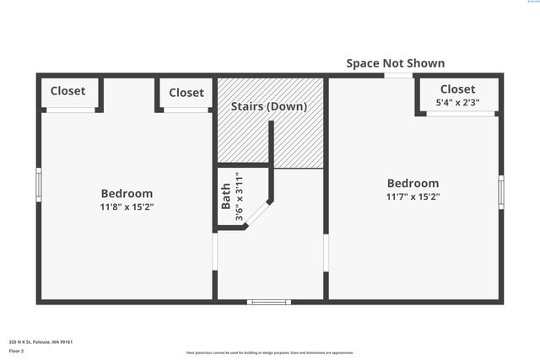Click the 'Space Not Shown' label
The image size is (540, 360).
(x=395, y=63)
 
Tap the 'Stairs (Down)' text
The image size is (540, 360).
(x=269, y=107)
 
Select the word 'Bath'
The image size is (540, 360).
(x=225, y=196)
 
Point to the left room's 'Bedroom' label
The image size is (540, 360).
(x=127, y=193)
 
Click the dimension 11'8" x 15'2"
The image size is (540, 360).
(x=127, y=207)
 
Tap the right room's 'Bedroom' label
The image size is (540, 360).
(x=413, y=183)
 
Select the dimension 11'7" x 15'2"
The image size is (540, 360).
(x=413, y=196)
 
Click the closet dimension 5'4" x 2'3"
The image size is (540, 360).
(x=457, y=103)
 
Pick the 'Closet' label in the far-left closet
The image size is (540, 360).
(x=67, y=91)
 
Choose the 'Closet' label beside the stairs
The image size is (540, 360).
(x=186, y=93)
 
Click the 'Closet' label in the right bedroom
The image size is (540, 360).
(x=457, y=89)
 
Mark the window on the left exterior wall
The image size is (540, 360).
(x=39, y=184)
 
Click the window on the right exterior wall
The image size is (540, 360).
(x=501, y=191)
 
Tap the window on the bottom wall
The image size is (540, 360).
(x=268, y=301)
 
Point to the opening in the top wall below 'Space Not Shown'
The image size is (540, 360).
(x=398, y=76)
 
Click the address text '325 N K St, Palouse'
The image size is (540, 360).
(x=40, y=341)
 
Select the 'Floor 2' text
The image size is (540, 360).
(x=17, y=350)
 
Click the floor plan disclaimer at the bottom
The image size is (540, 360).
(x=269, y=352)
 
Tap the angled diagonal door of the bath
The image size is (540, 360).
(x=257, y=214)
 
